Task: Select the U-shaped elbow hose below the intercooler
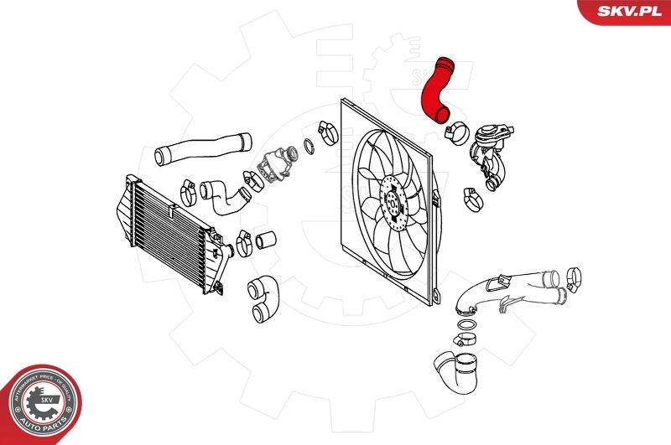pyautogui.click(x=263, y=299)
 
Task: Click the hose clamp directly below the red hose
pyautogui.click(x=458, y=132)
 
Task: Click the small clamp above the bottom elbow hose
pyautogui.click(x=465, y=339)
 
